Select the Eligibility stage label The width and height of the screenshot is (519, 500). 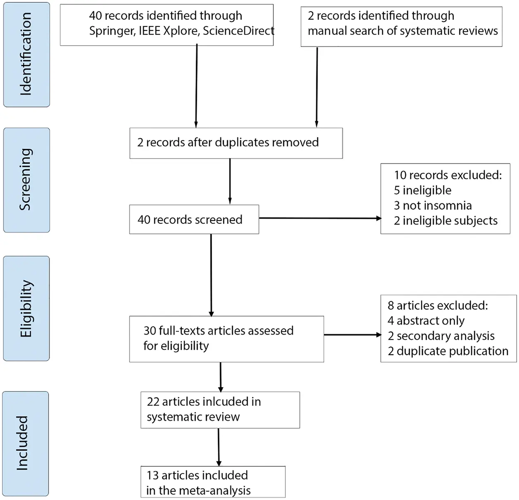point(26,309)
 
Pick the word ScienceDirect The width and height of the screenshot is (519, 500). point(239,31)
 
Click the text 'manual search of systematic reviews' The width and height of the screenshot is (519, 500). point(403,31)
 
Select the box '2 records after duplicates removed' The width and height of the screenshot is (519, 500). point(236,143)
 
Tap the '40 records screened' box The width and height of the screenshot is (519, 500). point(194,220)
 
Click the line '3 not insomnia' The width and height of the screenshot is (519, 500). point(433,206)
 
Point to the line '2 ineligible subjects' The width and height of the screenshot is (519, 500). point(446,221)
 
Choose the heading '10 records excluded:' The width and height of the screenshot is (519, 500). point(448,175)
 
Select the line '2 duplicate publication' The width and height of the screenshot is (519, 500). point(448,351)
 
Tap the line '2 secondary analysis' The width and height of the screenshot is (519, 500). point(441,336)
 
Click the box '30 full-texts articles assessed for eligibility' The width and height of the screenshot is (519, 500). point(227,339)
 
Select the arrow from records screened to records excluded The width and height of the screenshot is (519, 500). point(320,218)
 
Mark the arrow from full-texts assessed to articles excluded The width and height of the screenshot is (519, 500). point(353,335)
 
